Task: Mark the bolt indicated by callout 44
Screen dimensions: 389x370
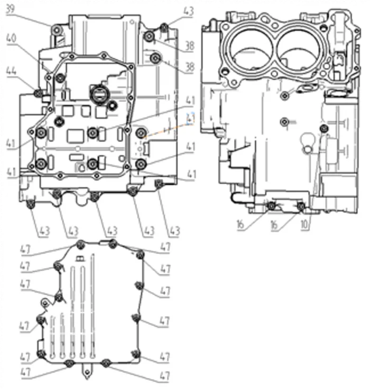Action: [x=37, y=94]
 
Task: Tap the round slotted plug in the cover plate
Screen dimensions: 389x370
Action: [x=99, y=96]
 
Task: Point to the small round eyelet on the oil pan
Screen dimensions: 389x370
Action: [x=46, y=303]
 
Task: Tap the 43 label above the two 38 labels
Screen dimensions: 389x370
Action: [x=188, y=11]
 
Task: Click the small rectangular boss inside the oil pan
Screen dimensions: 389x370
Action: [x=79, y=259]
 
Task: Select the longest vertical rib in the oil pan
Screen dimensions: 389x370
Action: [x=93, y=307]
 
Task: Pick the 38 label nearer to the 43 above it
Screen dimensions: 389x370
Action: [x=189, y=47]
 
